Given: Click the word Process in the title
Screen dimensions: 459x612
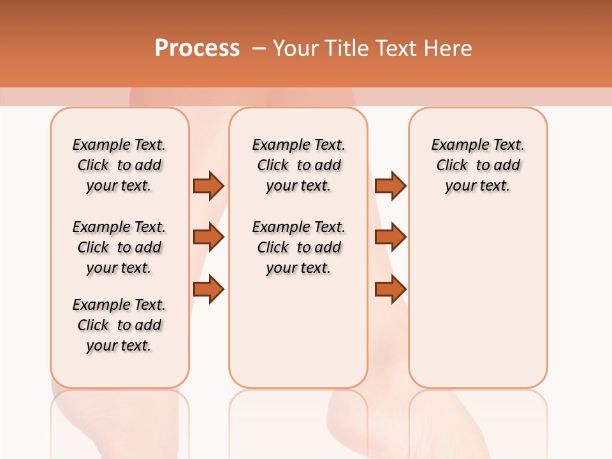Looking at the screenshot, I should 197,48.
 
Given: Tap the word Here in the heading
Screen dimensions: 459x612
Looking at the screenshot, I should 449,48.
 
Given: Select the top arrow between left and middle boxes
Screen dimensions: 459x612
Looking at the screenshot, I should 208,186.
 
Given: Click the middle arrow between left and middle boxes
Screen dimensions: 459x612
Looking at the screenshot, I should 208,237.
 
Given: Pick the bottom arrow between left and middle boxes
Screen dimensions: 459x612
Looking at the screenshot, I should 208,289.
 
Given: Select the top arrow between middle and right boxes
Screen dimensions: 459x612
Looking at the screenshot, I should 390,186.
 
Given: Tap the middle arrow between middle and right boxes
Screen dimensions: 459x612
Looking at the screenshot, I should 390,237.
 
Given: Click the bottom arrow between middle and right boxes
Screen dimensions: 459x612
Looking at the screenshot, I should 390,289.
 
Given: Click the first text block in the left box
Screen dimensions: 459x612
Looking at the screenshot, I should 119,165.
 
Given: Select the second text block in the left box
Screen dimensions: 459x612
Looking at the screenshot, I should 119,247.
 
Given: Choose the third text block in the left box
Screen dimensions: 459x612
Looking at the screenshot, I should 119,325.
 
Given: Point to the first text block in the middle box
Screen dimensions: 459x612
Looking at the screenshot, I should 298,165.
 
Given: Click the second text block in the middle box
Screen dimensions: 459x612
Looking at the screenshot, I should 298,247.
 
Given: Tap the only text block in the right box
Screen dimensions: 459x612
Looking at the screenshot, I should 477,165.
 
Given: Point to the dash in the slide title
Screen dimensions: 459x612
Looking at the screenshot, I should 259,48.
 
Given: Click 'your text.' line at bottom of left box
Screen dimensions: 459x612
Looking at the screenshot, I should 119,346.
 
